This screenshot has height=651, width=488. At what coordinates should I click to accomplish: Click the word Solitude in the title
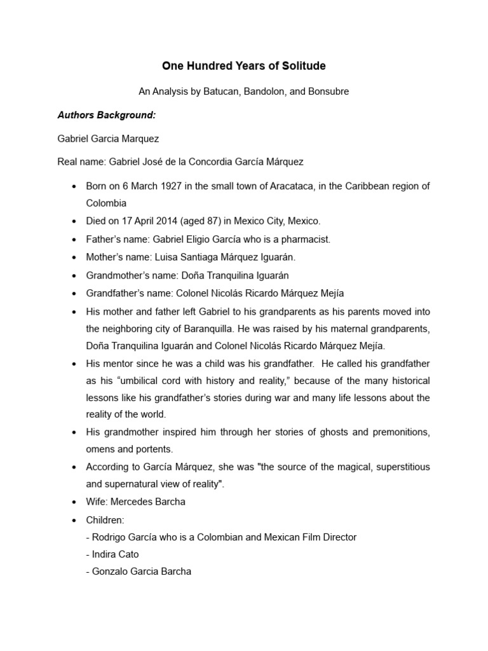pos(302,65)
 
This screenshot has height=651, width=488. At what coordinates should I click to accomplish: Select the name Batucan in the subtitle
pos(224,92)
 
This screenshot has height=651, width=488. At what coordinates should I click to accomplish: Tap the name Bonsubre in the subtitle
pos(327,92)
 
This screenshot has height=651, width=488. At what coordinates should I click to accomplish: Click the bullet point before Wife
pos(74,502)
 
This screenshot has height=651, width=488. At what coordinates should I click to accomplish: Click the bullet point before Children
pos(74,519)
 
